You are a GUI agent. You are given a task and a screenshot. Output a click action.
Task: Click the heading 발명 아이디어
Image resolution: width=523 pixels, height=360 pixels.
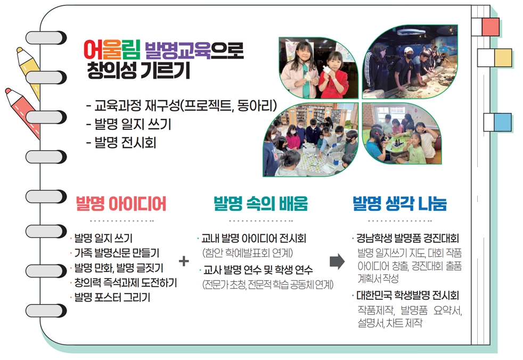121,204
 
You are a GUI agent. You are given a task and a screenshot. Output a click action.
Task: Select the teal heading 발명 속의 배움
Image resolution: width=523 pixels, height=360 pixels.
260,204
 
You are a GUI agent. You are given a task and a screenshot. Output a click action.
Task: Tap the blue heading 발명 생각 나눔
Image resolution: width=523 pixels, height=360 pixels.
399,204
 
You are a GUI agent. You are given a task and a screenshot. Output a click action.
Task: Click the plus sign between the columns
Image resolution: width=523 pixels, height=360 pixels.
184,261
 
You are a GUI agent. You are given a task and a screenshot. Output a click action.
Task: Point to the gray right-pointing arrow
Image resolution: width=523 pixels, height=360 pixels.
337,261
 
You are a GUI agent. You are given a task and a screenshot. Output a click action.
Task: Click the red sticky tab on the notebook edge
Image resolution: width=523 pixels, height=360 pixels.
491,27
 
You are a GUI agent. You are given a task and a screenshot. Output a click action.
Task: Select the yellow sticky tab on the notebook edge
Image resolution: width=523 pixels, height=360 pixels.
503,58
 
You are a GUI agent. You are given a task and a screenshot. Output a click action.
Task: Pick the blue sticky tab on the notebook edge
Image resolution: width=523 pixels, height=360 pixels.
503,122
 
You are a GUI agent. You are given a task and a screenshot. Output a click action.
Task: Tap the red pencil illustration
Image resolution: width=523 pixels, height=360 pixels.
23,113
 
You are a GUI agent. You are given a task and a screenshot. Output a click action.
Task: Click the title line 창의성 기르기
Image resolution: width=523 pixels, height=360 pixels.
138,70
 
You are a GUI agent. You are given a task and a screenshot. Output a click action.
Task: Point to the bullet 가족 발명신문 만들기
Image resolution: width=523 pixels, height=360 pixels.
117,253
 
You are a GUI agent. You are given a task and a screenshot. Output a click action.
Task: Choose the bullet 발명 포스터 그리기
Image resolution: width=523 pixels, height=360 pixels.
112,297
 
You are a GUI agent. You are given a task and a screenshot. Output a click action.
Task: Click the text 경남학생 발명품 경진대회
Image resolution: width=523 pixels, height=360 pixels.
407,238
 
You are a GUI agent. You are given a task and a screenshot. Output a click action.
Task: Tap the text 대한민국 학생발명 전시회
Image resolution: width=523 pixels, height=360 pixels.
407,295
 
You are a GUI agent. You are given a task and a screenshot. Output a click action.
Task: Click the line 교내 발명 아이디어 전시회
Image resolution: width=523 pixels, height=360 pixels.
254,238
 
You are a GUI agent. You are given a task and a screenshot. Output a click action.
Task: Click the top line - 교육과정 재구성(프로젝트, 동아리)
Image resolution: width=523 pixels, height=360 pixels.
182,106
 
